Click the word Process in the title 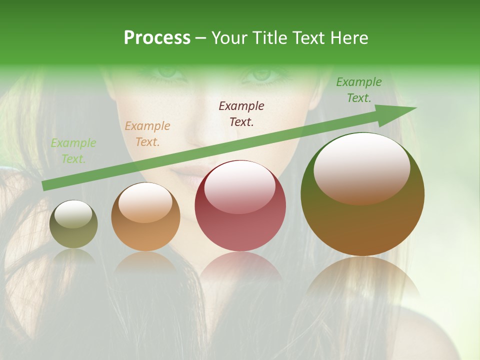(x=157, y=38)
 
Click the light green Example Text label (x=73, y=151)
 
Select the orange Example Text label (x=147, y=134)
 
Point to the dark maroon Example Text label (x=241, y=113)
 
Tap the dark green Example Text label (x=359, y=90)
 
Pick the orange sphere (x=145, y=217)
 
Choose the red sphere (x=240, y=206)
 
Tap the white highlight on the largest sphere (x=361, y=167)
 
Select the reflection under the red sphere (x=240, y=265)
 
